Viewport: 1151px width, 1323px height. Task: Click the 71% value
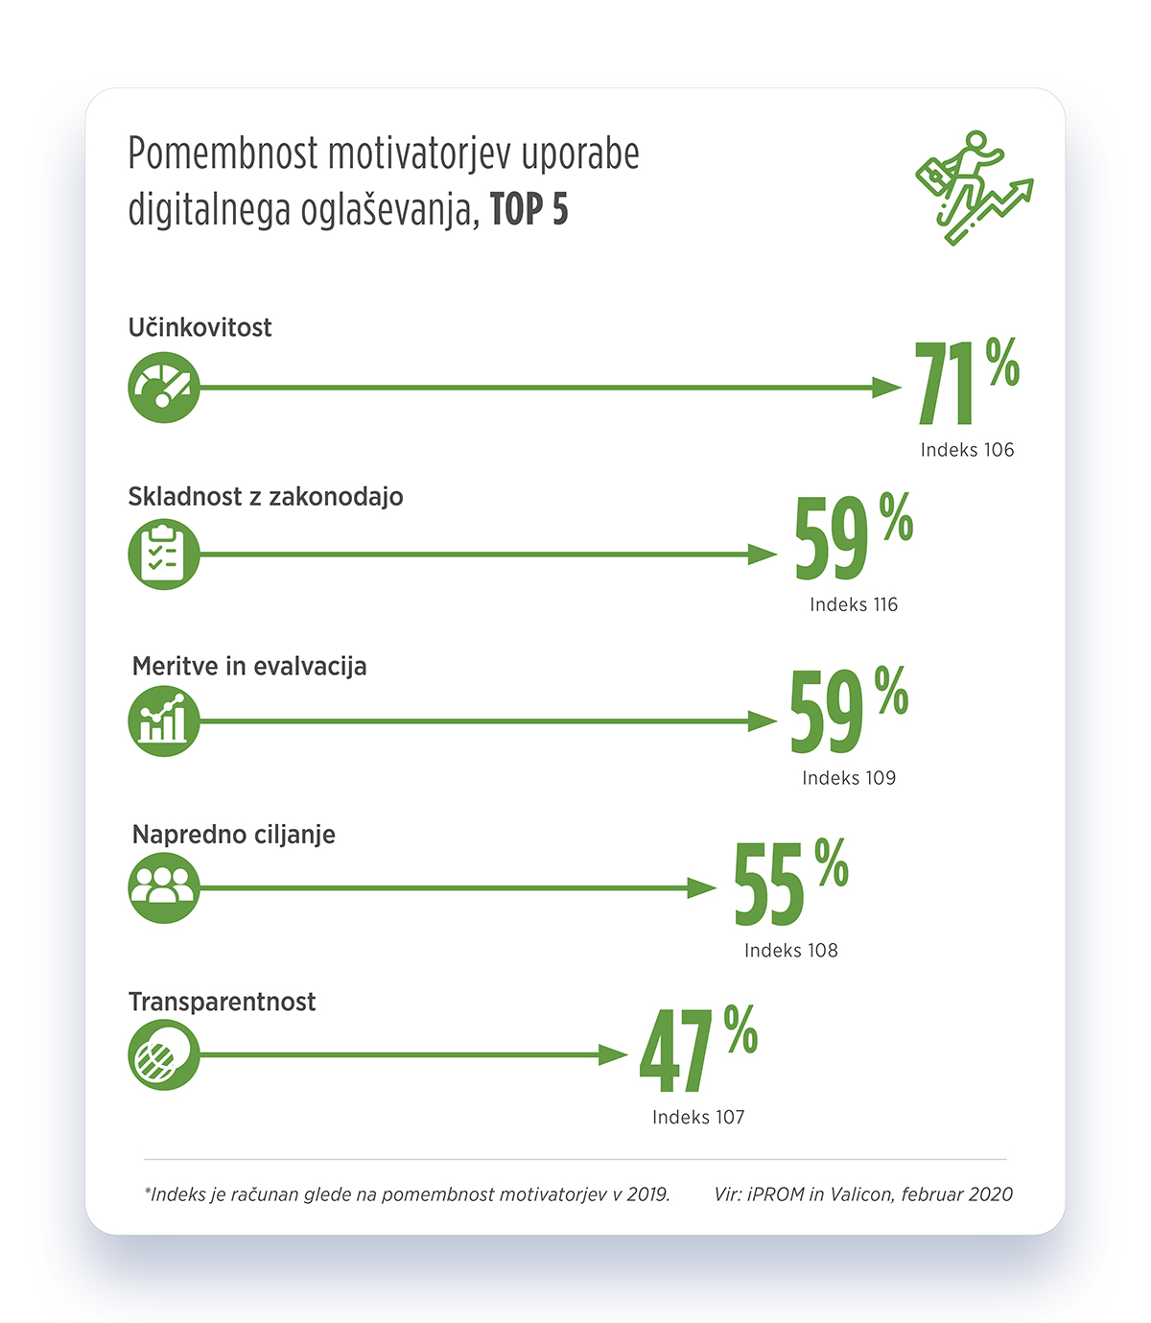(x=964, y=384)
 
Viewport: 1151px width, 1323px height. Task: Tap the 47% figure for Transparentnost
(x=697, y=1051)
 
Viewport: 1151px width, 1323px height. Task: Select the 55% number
(x=790, y=884)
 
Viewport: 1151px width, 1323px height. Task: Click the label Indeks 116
(x=854, y=604)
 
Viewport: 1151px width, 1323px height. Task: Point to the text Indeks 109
(x=849, y=777)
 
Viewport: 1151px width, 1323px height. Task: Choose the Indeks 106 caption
(x=967, y=450)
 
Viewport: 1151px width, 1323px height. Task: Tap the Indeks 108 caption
(x=791, y=950)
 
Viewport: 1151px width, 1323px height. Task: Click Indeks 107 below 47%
(x=698, y=1117)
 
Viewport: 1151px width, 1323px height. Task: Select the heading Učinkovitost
(x=200, y=327)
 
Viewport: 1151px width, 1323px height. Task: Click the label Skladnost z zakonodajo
(x=266, y=497)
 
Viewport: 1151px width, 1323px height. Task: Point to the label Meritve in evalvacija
(x=249, y=666)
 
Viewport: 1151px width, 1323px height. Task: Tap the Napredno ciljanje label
(x=234, y=834)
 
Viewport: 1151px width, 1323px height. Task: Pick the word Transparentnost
(x=223, y=1002)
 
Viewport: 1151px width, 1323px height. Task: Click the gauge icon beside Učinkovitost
(x=164, y=388)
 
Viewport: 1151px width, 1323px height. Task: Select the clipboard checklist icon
(x=164, y=555)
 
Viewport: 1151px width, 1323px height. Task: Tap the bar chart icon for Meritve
(x=164, y=721)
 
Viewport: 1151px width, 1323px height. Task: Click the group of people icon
(x=164, y=888)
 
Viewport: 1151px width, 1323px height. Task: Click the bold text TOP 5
(x=529, y=209)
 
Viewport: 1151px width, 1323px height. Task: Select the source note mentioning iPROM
(x=863, y=1194)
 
